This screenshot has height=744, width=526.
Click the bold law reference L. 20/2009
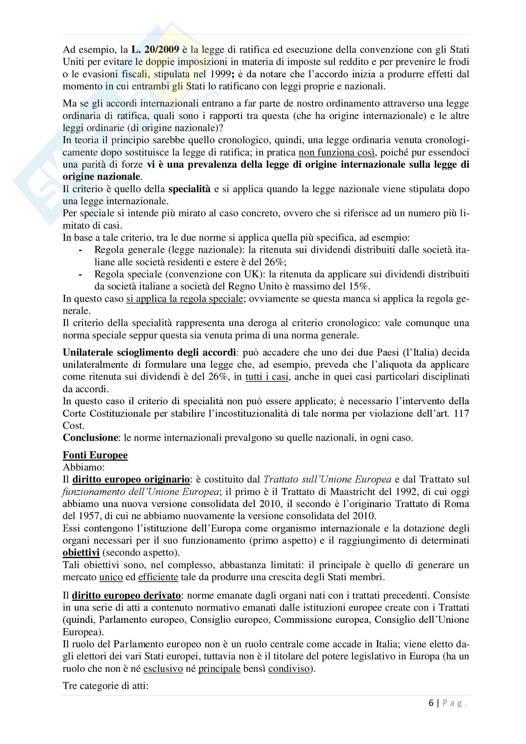pyautogui.click(x=155, y=50)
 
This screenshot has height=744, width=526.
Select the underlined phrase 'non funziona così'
pyautogui.click(x=336, y=152)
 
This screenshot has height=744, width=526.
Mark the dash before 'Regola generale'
pyautogui.click(x=80, y=250)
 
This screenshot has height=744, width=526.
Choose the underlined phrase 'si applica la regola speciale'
pyautogui.click(x=185, y=298)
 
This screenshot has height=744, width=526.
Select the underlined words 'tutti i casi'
pyautogui.click(x=266, y=377)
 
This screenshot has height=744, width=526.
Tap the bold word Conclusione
pyautogui.click(x=90, y=438)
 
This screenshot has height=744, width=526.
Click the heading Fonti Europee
pyautogui.click(x=95, y=455)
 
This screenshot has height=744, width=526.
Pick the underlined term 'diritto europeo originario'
pyautogui.click(x=131, y=479)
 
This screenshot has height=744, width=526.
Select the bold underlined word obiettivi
pyautogui.click(x=81, y=553)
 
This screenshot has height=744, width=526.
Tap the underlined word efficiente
pyautogui.click(x=158, y=577)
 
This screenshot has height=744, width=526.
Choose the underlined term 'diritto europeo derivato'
pyautogui.click(x=126, y=595)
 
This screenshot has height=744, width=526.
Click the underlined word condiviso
pyautogui.click(x=289, y=669)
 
